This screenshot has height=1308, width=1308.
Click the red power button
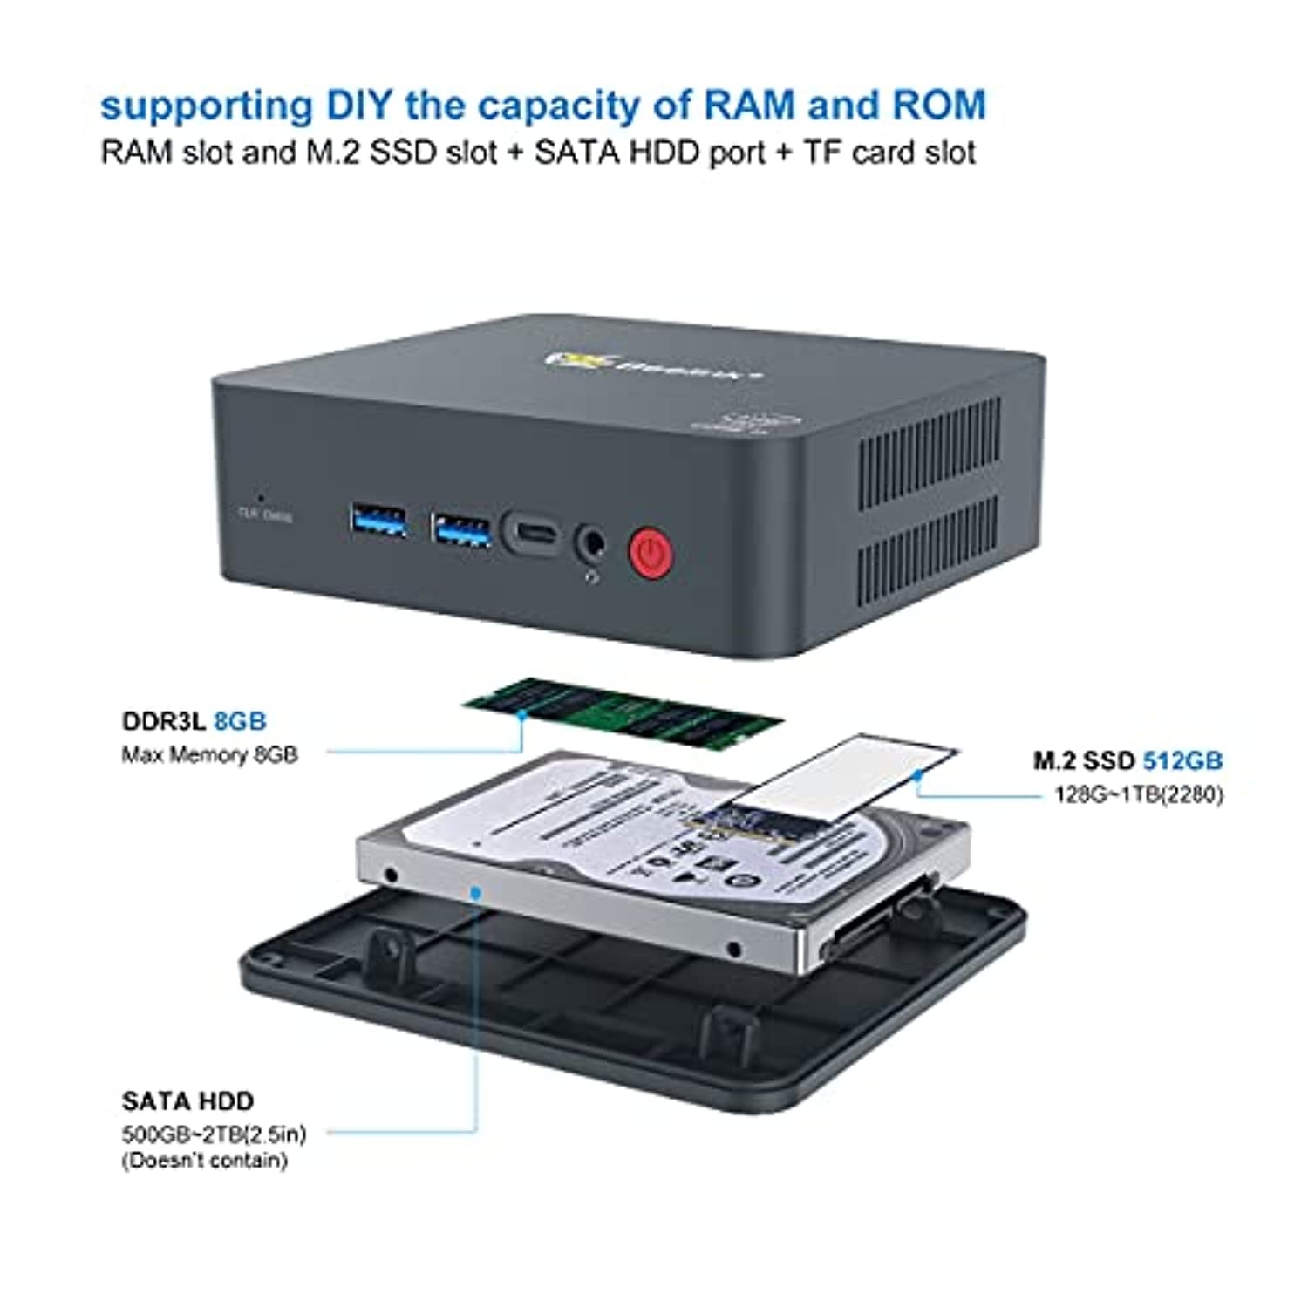(650, 552)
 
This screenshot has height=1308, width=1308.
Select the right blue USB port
(460, 529)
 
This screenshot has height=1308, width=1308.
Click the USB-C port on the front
(530, 532)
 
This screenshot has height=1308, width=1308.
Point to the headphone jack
(592, 542)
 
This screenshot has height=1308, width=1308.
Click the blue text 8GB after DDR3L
(240, 721)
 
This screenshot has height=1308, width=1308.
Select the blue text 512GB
(1182, 760)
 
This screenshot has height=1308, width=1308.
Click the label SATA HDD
(187, 1101)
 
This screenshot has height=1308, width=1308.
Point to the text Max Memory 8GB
(209, 754)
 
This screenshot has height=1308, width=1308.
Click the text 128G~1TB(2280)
(1139, 794)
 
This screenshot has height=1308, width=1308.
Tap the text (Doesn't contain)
(205, 1161)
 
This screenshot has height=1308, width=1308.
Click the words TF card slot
(889, 153)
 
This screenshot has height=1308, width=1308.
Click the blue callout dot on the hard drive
(476, 892)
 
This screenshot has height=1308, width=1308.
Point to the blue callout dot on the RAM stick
(521, 713)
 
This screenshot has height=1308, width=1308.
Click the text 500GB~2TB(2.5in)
(214, 1134)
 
